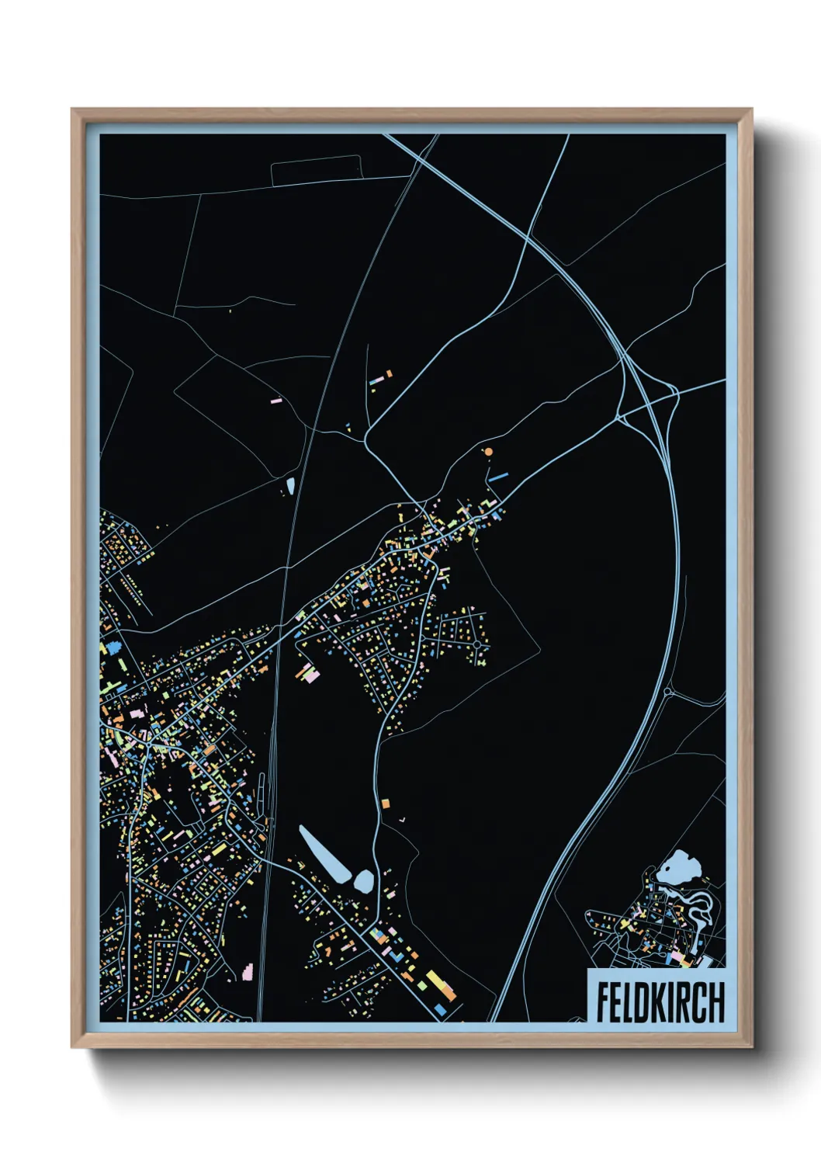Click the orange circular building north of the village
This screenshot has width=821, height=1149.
tap(488, 451)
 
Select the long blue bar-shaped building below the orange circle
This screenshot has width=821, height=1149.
tap(497, 476)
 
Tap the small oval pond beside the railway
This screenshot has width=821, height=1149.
tap(290, 486)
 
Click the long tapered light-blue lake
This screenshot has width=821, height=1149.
tap(324, 853)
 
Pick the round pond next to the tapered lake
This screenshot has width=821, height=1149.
tap(363, 880)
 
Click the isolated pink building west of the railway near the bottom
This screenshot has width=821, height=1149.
tap(248, 970)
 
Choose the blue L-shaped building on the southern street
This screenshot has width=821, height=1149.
tap(441, 1008)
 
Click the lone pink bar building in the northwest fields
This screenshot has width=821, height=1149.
tap(275, 401)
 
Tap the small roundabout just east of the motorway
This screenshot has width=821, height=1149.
tap(667, 690)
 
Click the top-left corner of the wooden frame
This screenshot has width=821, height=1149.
tap(73, 110)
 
